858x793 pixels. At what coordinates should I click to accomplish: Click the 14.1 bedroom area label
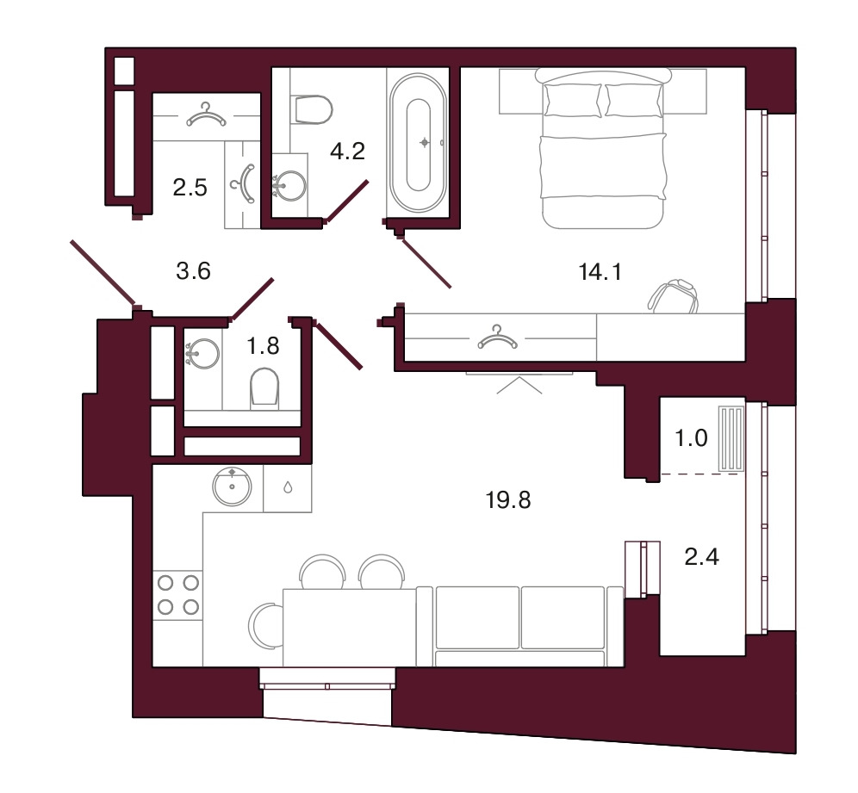(600, 272)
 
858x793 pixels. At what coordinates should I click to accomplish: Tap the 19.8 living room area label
(508, 500)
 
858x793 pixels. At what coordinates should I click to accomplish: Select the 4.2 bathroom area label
(347, 152)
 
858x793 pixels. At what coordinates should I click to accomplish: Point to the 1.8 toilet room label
(264, 346)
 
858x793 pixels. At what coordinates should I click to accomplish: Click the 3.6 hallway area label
(194, 271)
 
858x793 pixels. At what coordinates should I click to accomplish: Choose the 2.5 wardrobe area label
(190, 188)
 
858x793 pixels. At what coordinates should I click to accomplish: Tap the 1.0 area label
(691, 438)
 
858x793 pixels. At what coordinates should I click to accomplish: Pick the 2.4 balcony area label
(702, 557)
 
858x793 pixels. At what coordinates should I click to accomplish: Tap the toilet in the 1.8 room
(264, 388)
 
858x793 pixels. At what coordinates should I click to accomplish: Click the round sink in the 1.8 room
(202, 354)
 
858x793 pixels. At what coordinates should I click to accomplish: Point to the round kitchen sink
(232, 486)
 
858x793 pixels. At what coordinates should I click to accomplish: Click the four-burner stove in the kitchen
(177, 595)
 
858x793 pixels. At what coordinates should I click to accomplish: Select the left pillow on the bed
(572, 100)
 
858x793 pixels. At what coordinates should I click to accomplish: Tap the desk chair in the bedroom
(674, 296)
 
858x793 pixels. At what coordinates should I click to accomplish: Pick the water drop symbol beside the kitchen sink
(288, 487)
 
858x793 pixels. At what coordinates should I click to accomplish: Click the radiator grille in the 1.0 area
(731, 439)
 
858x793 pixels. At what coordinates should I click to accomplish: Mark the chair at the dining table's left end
(265, 626)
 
